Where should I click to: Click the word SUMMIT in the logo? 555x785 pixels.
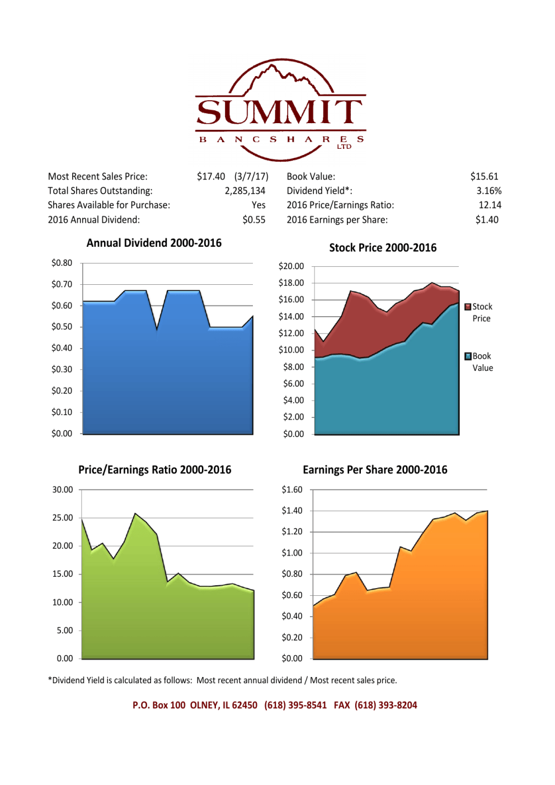pos(280,112)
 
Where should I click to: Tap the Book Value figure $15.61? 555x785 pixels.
pos(484,177)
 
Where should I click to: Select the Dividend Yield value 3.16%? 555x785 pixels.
pos(488,191)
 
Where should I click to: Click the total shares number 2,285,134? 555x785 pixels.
pos(245,191)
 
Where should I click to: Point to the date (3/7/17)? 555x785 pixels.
pos(251,177)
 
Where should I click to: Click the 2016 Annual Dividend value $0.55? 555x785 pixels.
pos(254,220)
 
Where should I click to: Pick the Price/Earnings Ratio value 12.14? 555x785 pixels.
pos(490,205)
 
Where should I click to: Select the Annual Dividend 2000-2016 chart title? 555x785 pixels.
pos(154,243)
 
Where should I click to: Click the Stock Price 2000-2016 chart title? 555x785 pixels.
pos(383,248)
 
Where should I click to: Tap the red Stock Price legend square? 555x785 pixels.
pos(468,307)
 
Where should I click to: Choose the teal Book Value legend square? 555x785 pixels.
pos(468,356)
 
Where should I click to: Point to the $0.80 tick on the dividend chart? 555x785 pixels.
pos(62,263)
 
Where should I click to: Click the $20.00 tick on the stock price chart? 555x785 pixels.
pos(291,266)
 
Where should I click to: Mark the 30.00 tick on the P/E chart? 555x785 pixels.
pos(63,490)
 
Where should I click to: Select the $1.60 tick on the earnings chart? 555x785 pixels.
pos(291,490)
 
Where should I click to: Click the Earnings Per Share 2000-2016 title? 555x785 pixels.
pos(375,470)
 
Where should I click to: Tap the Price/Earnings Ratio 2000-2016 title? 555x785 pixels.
pos(154,470)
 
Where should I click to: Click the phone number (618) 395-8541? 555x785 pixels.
pos(295,706)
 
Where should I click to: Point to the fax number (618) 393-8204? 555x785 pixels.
pos(385,706)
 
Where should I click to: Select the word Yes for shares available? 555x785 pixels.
pos(258,205)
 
